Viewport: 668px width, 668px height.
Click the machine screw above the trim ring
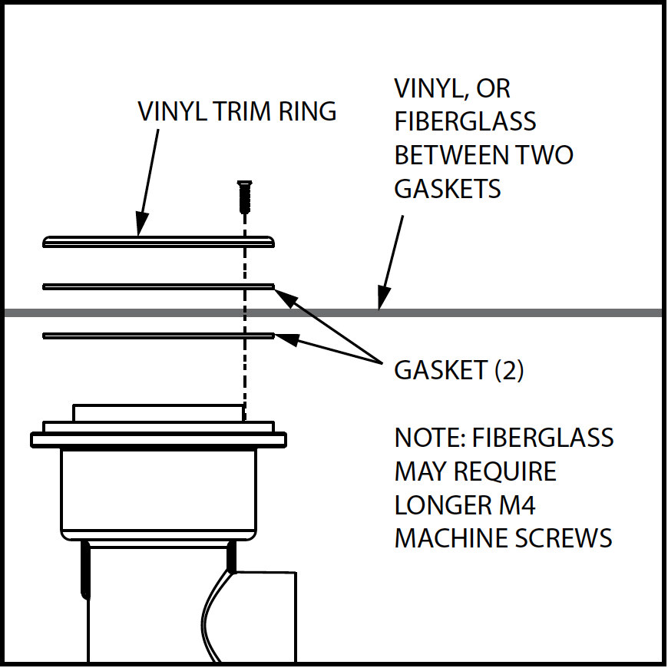pos(244,197)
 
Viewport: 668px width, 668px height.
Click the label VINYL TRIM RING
pos(236,112)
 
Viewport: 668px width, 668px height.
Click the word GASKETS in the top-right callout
pos(447,188)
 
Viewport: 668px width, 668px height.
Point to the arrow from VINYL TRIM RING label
pos(148,179)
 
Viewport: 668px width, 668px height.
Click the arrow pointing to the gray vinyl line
pos(392,261)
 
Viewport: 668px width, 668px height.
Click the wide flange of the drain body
pos(158,440)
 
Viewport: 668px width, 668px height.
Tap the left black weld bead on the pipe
pos(84,569)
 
